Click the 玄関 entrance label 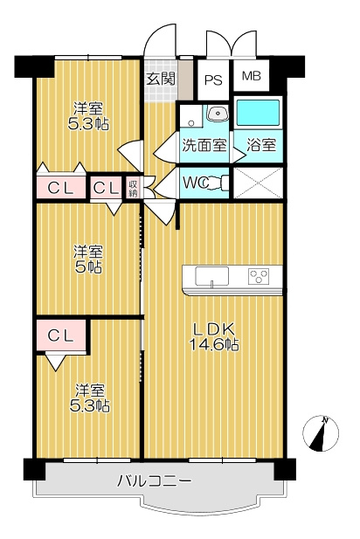click(x=161, y=79)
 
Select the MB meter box click(x=252, y=75)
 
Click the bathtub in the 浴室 click(x=258, y=113)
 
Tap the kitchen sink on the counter click(x=211, y=276)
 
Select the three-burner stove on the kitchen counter click(x=259, y=276)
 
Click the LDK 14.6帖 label click(x=214, y=336)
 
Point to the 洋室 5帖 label click(x=88, y=259)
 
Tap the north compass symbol click(x=321, y=433)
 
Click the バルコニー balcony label click(x=155, y=480)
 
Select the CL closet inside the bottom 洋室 click(x=61, y=335)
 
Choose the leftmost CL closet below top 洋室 click(x=61, y=187)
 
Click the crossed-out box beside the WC click(x=259, y=183)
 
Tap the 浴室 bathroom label click(x=261, y=145)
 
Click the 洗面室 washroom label click(x=204, y=145)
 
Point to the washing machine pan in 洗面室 click(x=191, y=116)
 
